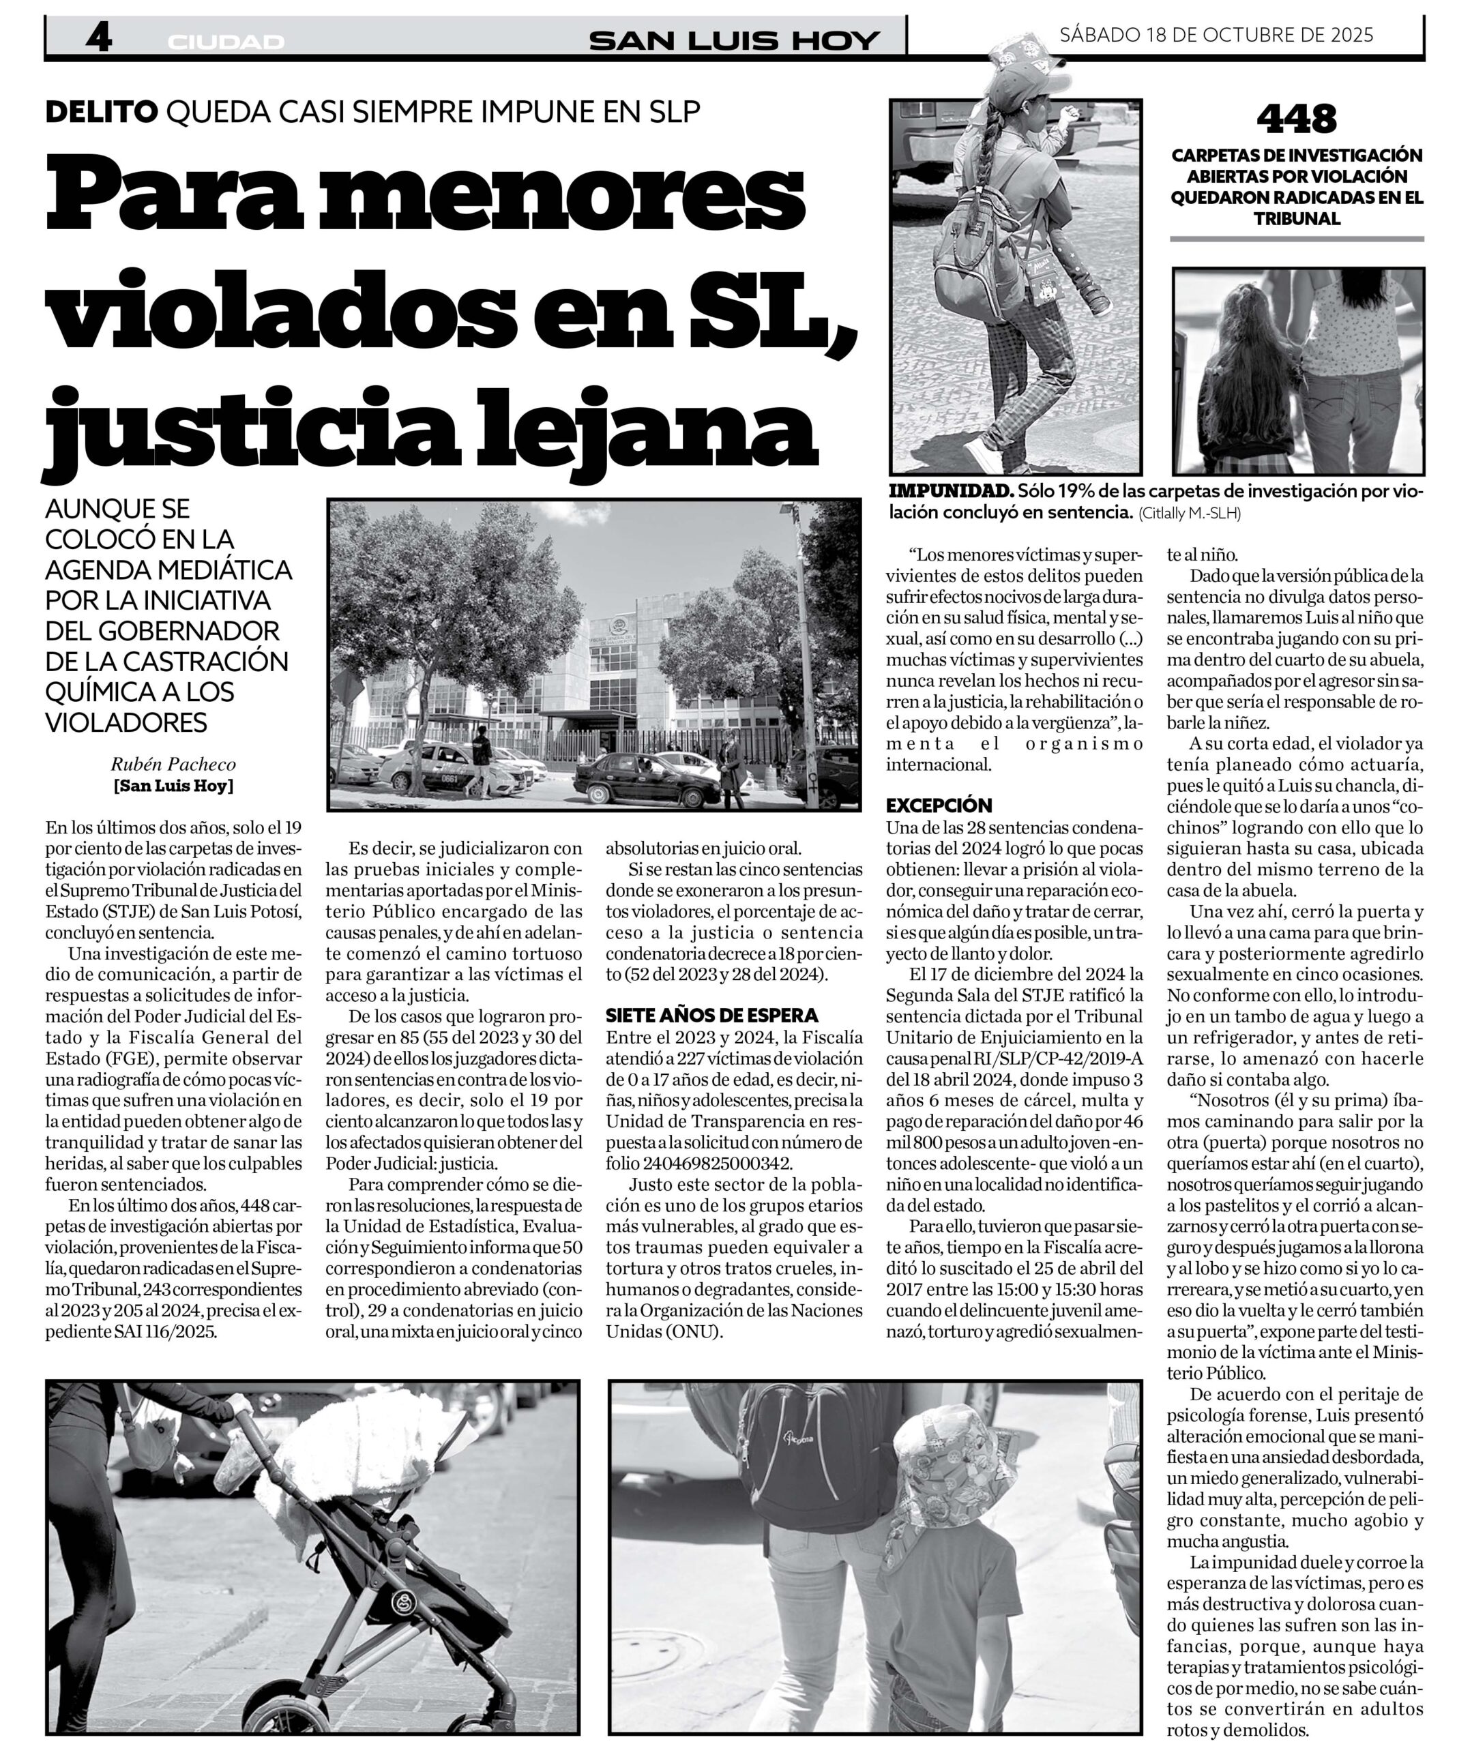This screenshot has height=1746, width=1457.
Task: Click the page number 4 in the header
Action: (x=98, y=38)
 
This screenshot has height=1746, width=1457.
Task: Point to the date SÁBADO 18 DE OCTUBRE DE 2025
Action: (x=1216, y=35)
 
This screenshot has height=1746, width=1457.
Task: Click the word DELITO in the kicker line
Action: (x=101, y=111)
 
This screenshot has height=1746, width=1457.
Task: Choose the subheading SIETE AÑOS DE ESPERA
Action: (x=712, y=1015)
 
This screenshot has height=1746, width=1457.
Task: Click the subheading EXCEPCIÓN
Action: (x=939, y=805)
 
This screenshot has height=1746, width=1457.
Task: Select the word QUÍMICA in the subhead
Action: (x=92, y=691)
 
